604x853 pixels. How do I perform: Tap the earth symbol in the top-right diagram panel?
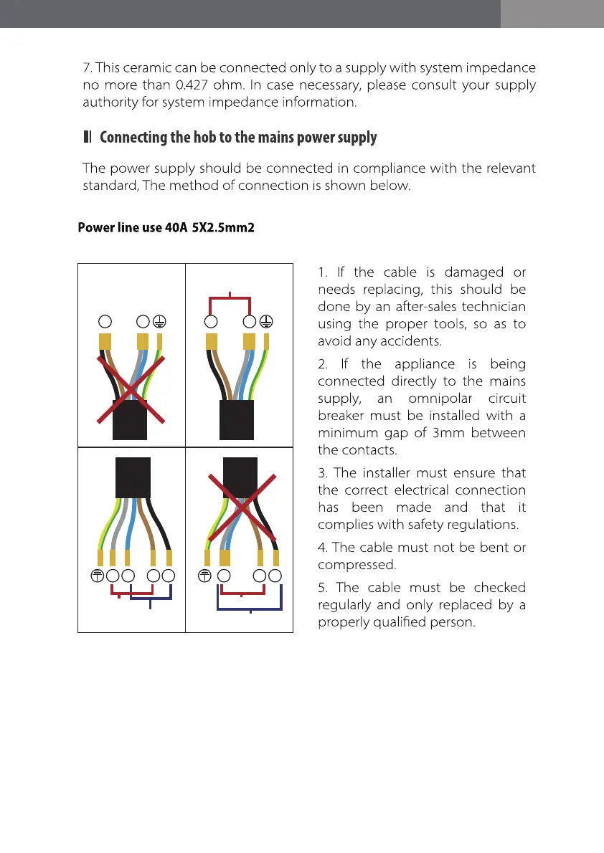265,320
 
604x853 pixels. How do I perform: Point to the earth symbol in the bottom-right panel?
207,576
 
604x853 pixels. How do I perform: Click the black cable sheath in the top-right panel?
237,419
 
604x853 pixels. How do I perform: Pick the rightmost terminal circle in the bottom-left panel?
169,576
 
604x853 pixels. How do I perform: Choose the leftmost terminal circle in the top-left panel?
105,320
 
